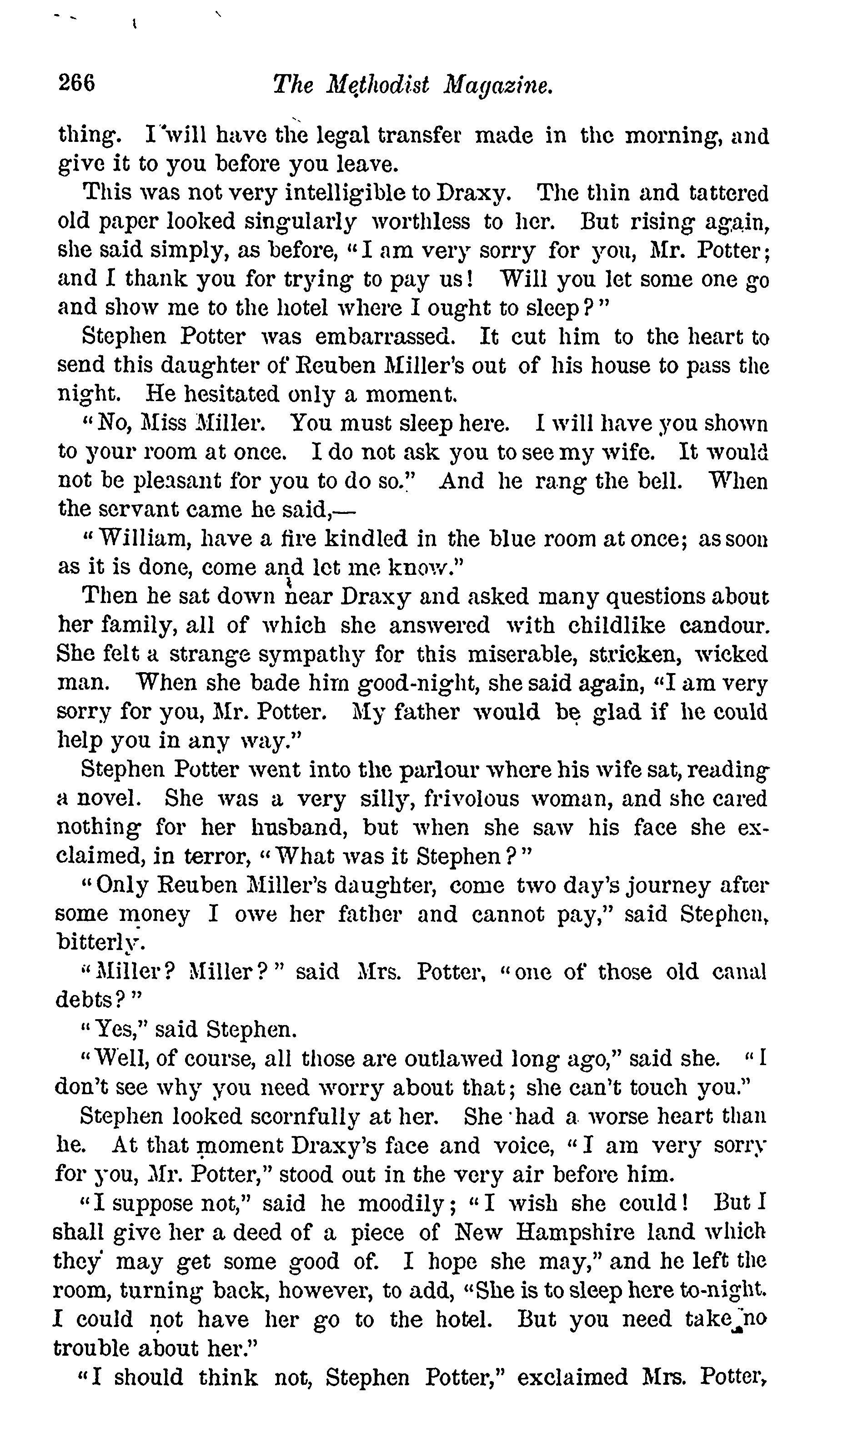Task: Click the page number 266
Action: [x=76, y=84]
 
